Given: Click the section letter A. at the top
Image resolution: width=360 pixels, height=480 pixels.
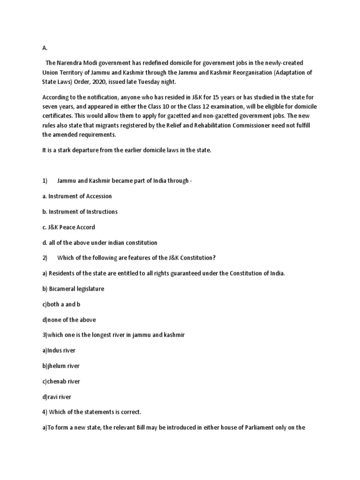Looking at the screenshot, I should pos(45,48).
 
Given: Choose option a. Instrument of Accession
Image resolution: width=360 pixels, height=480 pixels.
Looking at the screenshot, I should pos(77,196).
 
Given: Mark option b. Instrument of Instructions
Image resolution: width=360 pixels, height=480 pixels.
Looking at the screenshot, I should pos(80,212).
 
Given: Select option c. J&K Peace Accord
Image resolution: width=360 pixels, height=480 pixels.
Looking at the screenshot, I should pos(69,227).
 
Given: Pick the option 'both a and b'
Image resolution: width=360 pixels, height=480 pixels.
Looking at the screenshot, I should pos(61,304).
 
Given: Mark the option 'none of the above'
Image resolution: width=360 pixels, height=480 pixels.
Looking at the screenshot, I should pos(69,320).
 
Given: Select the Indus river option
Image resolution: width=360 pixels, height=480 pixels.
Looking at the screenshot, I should pos(59,351).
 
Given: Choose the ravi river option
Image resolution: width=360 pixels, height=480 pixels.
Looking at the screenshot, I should pos(57,397).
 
